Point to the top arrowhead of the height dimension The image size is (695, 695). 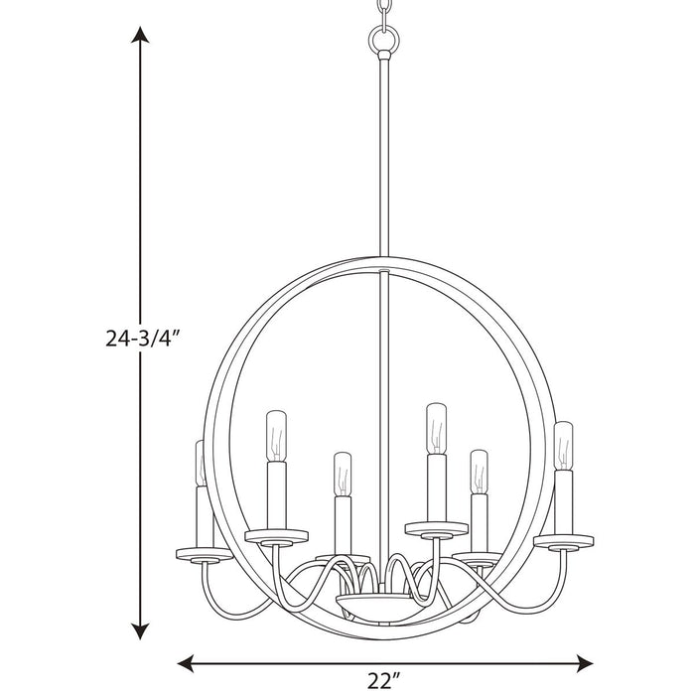(142, 37)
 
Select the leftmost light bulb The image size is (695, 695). (200, 462)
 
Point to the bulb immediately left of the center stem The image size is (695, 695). (343, 474)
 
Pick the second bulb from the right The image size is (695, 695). (479, 471)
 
